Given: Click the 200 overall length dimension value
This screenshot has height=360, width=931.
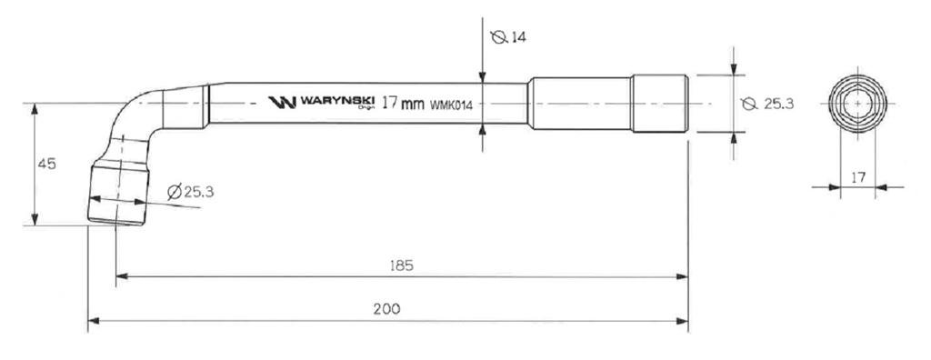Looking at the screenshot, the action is coord(387,309).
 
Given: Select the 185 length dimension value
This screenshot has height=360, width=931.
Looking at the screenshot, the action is coord(401,265).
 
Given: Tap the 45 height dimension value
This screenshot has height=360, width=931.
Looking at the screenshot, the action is coord(47,164).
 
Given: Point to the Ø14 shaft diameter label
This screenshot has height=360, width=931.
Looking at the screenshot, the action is coord(509,37).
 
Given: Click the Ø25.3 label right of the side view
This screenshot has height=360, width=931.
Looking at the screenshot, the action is coord(767,104).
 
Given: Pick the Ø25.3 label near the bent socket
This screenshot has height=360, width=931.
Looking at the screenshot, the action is coord(191,192).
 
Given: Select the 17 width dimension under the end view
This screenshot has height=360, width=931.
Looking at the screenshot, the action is coord(858,177).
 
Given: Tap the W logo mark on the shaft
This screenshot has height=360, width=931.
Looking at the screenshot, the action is coord(282,103).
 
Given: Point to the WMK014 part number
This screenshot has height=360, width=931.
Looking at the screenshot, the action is coord(451,105).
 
